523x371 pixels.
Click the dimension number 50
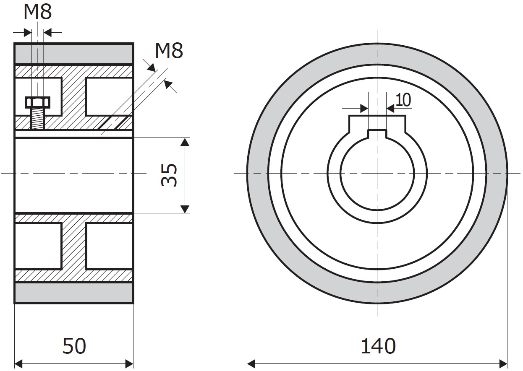[x=74, y=346]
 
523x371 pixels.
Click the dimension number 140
[x=378, y=346]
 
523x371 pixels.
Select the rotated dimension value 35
[x=169, y=175]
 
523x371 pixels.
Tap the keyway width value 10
[x=403, y=100]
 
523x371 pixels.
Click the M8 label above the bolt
[x=38, y=12]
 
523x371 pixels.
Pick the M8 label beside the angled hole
[x=169, y=51]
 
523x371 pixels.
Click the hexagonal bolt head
[x=38, y=103]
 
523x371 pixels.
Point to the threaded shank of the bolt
[x=38, y=119]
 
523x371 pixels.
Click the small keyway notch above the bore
[x=377, y=134]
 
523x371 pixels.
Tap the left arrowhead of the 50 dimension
[x=18, y=363]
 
